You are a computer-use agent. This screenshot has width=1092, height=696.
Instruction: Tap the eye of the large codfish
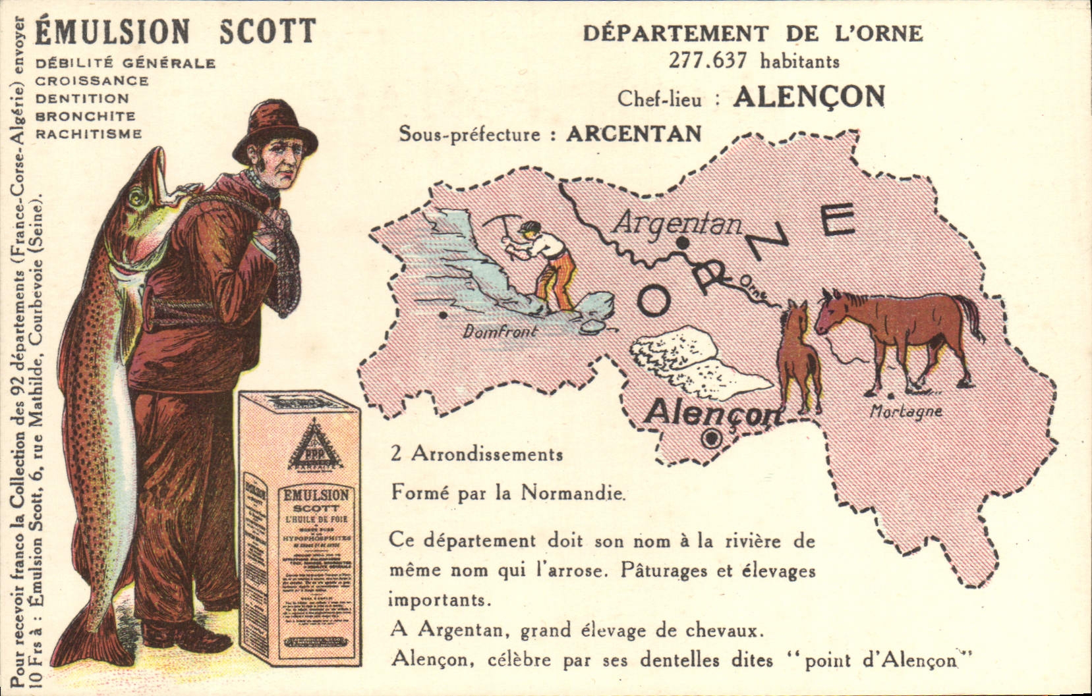[136, 196]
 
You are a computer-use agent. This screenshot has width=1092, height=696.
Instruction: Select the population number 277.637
[708, 61]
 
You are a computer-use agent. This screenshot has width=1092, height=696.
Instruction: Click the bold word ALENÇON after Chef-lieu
[809, 97]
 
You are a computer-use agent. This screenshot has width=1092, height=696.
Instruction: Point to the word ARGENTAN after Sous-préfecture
[634, 134]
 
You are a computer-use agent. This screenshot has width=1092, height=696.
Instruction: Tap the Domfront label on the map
[500, 331]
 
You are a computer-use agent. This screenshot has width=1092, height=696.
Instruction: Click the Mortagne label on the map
[905, 412]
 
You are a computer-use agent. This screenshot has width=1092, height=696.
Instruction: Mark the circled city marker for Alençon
[711, 438]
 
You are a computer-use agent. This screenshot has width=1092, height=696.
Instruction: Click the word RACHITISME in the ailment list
[88, 134]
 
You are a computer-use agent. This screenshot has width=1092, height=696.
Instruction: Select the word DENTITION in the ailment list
[82, 99]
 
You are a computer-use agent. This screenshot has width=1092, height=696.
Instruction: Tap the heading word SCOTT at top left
[267, 32]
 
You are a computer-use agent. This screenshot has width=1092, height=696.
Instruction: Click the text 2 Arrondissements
[476, 454]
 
